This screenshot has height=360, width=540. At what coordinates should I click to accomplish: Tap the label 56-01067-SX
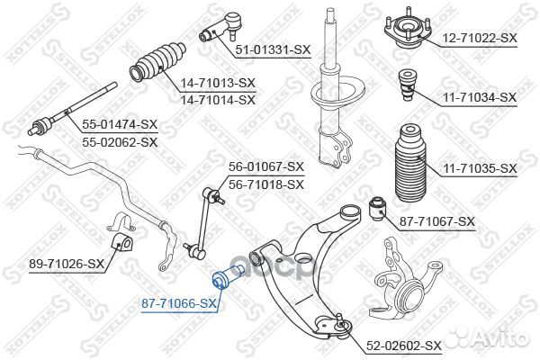[266, 166]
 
